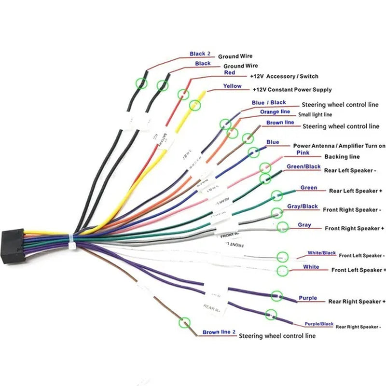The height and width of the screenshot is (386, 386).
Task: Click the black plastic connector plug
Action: point(14,245)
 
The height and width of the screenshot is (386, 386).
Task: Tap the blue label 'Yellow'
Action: point(232,86)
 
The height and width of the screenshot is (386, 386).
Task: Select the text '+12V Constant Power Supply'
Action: point(292,90)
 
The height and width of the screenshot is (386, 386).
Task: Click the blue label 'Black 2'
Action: point(200,54)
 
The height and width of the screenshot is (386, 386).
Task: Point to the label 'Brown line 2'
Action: point(219,332)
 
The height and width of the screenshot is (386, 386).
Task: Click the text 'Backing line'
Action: point(342,157)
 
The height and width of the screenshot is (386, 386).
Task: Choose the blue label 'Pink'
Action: point(303,152)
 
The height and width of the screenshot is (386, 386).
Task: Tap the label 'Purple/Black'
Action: point(319,324)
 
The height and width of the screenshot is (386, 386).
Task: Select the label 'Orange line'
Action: point(275,111)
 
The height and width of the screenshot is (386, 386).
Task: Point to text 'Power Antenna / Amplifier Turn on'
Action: point(339,146)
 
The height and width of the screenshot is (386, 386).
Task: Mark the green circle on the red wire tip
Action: point(183,94)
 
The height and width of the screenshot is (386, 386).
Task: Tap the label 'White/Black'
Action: point(322,253)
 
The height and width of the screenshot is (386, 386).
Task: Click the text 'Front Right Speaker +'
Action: point(354,228)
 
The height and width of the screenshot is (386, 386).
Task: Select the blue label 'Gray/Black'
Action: point(303,207)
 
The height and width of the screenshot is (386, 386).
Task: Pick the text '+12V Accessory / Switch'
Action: point(284,76)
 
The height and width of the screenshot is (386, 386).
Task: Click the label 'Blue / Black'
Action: point(269,102)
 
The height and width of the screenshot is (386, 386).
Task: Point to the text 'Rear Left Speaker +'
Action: point(356,191)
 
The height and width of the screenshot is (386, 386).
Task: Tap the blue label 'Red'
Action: point(230,73)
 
